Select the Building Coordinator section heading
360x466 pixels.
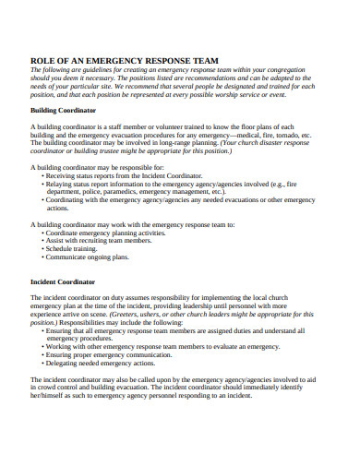(x=64, y=110)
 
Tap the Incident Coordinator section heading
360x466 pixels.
(x=64, y=281)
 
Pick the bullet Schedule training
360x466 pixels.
(x=75, y=249)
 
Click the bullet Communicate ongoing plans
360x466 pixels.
(x=88, y=258)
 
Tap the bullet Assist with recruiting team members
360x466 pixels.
(x=100, y=241)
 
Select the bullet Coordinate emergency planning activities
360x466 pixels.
(x=105, y=233)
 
